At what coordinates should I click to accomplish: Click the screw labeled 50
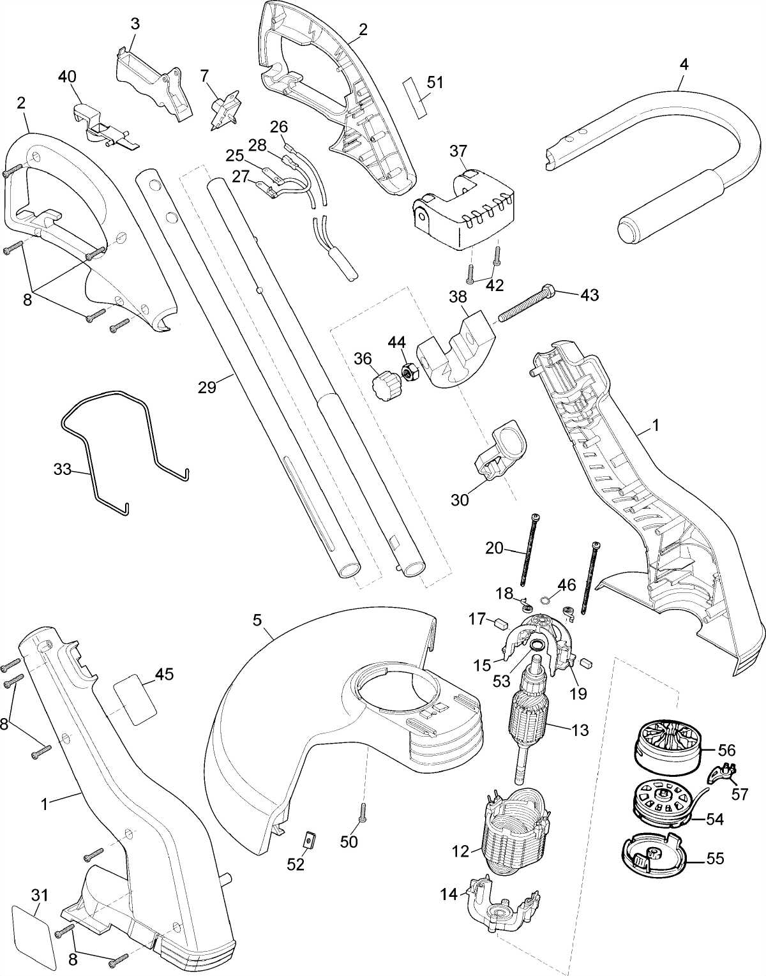(362, 813)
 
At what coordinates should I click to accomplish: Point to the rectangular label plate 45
(135, 700)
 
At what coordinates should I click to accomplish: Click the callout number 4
(684, 64)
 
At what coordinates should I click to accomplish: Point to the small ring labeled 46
(546, 599)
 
